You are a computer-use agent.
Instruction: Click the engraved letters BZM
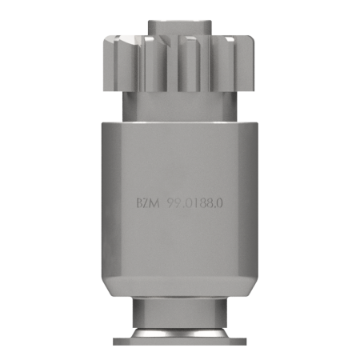148,204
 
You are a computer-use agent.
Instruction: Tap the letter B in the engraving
139,204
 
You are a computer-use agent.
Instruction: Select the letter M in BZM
154,204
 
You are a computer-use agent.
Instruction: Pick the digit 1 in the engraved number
194,204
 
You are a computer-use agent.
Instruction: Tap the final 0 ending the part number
219,204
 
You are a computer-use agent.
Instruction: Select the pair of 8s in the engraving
205,204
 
